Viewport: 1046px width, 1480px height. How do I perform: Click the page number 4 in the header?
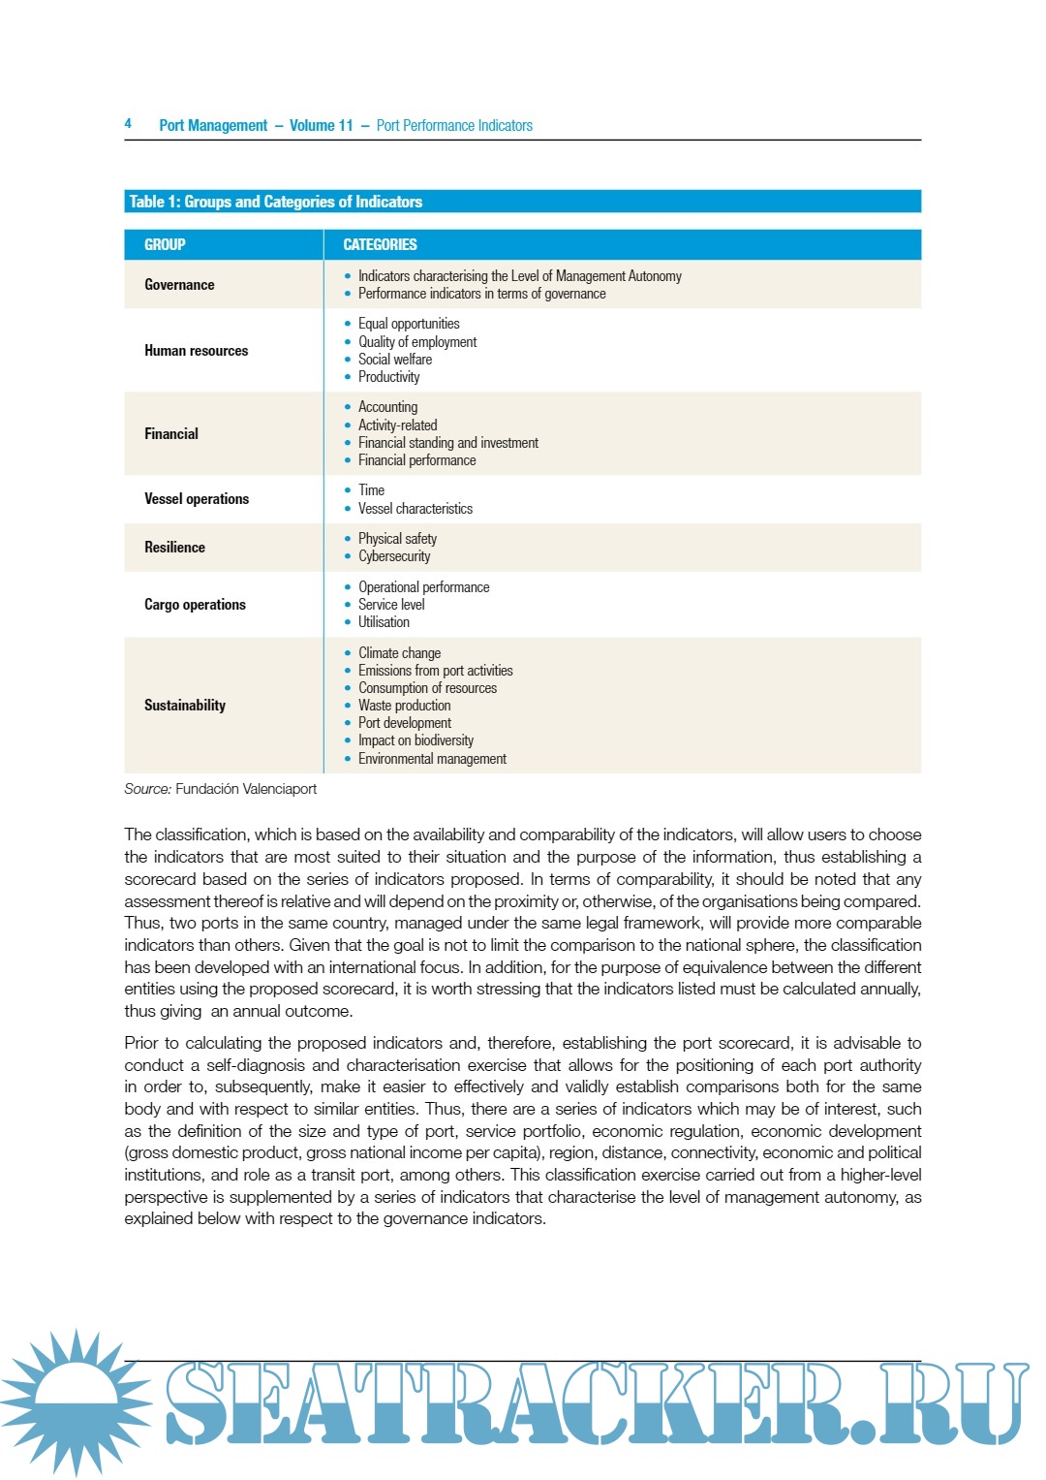(x=128, y=123)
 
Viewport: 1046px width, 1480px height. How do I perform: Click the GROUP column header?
(x=165, y=245)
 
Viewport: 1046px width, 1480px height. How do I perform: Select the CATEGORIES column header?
(x=380, y=245)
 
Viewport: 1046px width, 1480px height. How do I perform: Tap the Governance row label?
(x=179, y=285)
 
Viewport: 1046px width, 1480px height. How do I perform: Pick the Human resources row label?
(x=196, y=351)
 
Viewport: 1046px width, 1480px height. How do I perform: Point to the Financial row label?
(x=171, y=434)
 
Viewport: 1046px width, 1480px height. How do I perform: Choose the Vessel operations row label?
(x=197, y=499)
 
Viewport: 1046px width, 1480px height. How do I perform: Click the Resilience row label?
(x=174, y=548)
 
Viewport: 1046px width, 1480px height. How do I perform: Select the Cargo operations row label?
(x=195, y=605)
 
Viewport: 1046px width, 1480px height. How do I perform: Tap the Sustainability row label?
(x=185, y=706)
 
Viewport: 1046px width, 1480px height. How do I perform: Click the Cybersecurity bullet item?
(x=394, y=556)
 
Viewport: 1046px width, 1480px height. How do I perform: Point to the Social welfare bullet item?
(x=395, y=360)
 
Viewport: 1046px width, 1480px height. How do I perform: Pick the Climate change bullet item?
(x=399, y=653)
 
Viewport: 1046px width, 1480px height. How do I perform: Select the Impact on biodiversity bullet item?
(x=415, y=740)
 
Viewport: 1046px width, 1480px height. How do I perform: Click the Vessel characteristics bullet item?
(x=415, y=509)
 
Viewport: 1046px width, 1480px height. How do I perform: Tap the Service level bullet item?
(x=391, y=605)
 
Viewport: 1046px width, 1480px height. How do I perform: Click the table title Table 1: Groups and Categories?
(x=276, y=202)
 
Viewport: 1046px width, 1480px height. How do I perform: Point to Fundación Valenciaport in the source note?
(x=246, y=789)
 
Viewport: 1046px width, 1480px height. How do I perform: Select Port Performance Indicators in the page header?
(x=454, y=126)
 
